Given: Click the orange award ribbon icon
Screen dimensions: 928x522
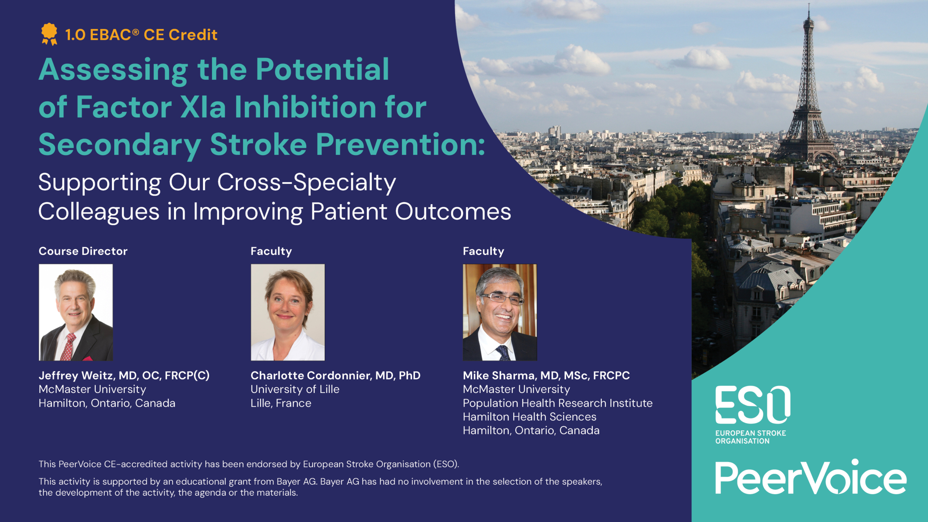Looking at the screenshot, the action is click(49, 34).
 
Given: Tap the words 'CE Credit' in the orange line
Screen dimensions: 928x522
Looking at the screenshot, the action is click(181, 35).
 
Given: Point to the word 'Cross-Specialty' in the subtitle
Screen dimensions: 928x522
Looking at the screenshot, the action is click(306, 182).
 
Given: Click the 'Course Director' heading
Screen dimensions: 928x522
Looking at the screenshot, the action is click(83, 251).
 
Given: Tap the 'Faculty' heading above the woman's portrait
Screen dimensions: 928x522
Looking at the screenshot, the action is click(271, 251).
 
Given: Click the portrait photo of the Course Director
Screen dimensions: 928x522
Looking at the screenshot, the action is click(76, 312).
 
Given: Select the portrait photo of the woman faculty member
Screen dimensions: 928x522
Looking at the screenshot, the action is click(288, 312).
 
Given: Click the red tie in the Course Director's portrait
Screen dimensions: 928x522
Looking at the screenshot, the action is click(68, 347).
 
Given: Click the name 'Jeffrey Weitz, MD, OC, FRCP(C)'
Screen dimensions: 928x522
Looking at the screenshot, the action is click(124, 376).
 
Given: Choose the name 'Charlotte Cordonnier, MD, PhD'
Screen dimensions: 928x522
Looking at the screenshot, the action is click(335, 376).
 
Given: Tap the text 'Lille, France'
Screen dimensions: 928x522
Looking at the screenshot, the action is click(281, 403).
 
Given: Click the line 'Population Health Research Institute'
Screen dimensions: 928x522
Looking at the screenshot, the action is click(558, 403).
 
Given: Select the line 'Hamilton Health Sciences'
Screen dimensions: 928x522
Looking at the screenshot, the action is click(530, 417).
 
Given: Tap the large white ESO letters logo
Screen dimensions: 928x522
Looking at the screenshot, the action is click(753, 405).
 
